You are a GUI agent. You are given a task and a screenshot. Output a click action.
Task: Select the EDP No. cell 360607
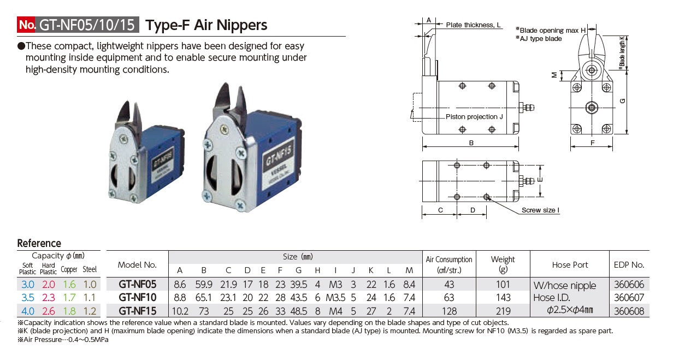pos(629,298)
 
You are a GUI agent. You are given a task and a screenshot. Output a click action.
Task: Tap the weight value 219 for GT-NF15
pos(503,311)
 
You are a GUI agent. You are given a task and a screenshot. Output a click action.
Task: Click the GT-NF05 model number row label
pos(138,284)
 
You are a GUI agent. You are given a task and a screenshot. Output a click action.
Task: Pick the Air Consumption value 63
pos(448,298)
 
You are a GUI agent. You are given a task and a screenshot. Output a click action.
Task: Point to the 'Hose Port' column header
pos(570,265)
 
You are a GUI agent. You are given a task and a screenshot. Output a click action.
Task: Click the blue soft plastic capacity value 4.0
pos(27,311)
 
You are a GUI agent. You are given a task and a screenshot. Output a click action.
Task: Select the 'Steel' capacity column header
pos(90,269)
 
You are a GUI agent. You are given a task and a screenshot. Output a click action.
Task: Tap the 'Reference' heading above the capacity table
pos(39,244)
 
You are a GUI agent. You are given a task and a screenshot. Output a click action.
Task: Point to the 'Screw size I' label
pos(540,210)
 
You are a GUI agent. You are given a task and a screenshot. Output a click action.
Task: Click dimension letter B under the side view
pos(471,143)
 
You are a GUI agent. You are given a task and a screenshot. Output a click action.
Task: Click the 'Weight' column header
pos(503,259)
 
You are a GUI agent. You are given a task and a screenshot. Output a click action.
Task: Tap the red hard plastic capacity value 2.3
pos(48,298)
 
